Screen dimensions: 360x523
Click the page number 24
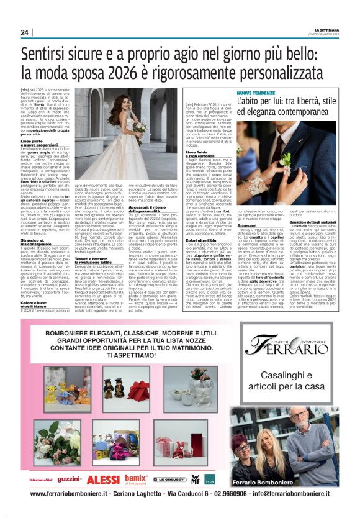click(x=24, y=33)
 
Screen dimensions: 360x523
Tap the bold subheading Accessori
click(x=247, y=208)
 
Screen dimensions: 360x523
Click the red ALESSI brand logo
click(x=102, y=480)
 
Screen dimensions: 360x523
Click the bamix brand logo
click(x=135, y=479)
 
